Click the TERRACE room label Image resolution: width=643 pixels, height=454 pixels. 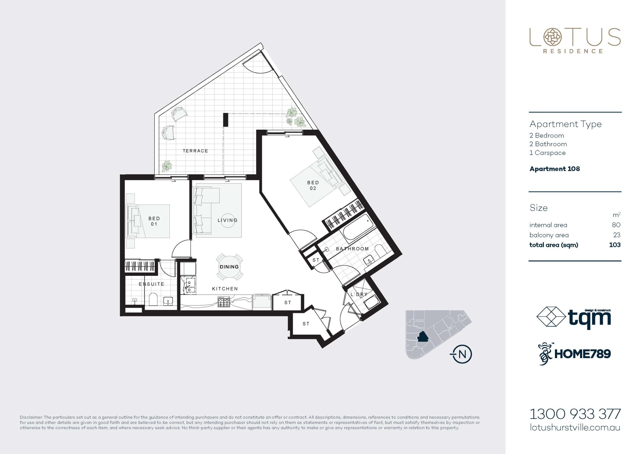195,151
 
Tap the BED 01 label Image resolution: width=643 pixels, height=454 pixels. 154,221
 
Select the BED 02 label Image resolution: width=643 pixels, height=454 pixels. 313,185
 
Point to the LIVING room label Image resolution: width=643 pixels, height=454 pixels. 227,220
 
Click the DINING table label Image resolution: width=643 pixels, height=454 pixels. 229,267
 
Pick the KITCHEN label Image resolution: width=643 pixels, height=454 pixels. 225,289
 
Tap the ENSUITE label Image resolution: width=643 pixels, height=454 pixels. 151,284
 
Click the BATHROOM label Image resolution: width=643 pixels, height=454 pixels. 352,249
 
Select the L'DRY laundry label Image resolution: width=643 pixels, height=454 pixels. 359,294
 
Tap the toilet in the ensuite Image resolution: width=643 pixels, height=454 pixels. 153,299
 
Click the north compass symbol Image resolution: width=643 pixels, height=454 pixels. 462,354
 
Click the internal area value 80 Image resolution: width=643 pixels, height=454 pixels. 616,225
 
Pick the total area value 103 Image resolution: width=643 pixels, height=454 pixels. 615,245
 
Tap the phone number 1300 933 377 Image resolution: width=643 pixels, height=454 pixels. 575,414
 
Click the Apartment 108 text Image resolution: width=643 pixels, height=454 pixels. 555,169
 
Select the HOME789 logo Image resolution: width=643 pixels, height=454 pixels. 574,354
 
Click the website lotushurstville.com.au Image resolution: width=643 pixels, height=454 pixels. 575,427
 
